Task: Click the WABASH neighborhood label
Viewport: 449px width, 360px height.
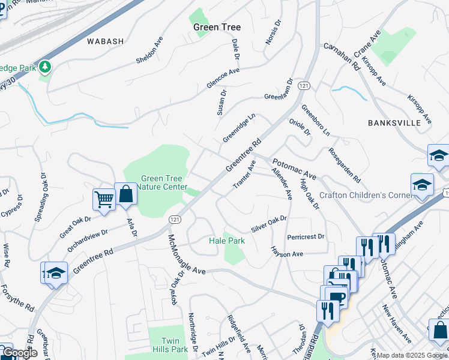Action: point(105,41)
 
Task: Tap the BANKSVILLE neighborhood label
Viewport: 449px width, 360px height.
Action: point(394,122)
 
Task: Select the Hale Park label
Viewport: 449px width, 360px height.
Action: point(227,241)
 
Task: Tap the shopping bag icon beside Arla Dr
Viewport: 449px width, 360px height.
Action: point(125,194)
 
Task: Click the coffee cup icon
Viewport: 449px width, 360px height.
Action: point(337,296)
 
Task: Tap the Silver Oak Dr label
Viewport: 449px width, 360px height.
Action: point(270,224)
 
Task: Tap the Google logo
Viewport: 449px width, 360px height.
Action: point(20,353)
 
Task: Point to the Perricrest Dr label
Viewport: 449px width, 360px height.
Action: point(306,237)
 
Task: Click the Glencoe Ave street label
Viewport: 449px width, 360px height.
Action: point(223,79)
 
